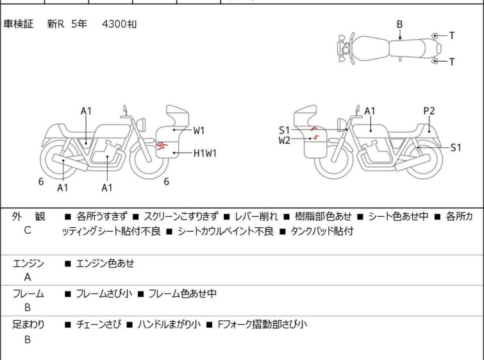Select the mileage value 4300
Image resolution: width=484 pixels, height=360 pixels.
[115, 24]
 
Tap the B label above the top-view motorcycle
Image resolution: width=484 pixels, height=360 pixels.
[399, 24]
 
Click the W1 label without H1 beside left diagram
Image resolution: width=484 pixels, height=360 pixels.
[199, 130]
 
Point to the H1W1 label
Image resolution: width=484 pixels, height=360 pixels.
[205, 153]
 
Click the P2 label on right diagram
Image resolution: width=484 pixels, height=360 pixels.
[429, 111]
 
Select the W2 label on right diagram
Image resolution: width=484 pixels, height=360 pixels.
[285, 140]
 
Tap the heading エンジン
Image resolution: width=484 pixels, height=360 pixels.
[28, 263]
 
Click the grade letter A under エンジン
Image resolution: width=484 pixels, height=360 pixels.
[27, 277]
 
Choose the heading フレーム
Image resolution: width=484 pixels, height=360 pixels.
[28, 294]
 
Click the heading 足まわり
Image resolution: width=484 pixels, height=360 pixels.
[28, 325]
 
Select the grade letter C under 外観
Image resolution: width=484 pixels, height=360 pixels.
[27, 230]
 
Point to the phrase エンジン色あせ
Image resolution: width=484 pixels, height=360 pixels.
[105, 263]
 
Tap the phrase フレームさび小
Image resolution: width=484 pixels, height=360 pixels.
[104, 294]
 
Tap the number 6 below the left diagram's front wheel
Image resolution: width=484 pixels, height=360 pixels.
[166, 182]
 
